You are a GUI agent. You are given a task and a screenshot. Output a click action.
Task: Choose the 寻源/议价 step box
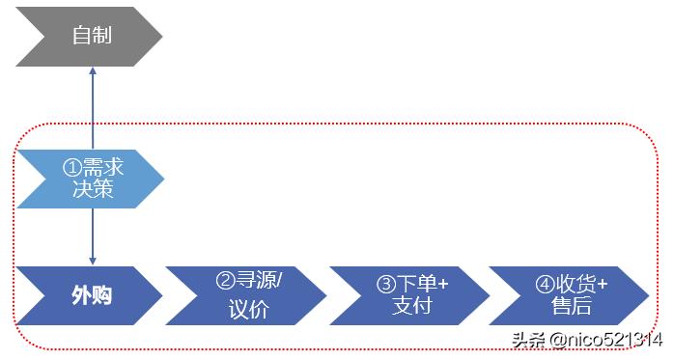247,295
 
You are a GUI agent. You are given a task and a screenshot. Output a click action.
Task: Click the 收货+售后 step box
570,295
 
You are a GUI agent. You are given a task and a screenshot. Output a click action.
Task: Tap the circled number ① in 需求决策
70,167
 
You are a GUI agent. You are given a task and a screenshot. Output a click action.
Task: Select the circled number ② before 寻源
225,282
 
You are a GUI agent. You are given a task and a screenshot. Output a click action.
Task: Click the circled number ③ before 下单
385,284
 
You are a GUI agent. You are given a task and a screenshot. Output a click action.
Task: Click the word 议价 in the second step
248,309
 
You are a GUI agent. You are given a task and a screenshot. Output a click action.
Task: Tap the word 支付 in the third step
411,307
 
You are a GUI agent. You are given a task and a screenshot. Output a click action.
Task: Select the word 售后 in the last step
571,307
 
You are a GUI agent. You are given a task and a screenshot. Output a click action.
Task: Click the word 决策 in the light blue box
93,189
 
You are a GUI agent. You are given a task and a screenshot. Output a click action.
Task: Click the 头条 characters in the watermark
528,340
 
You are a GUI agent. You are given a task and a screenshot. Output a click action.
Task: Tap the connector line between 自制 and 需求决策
93,111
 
